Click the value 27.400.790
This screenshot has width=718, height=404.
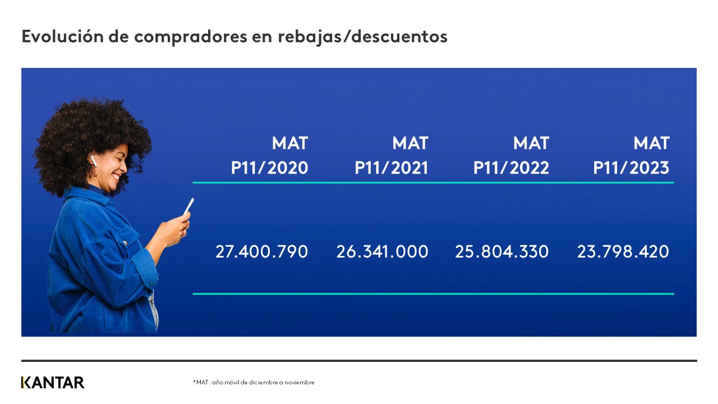[261, 251]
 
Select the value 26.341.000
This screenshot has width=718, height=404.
[382, 251]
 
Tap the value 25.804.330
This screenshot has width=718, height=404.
[501, 251]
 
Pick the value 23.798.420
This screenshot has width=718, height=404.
[623, 251]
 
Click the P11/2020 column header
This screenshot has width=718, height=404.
[269, 168]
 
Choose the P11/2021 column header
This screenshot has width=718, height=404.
[391, 168]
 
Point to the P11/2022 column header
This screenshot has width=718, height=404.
[511, 168]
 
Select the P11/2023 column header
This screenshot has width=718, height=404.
[631, 168]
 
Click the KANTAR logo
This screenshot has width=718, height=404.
[53, 383]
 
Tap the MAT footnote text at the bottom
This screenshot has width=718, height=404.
[254, 383]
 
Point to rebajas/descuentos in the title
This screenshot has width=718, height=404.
[362, 36]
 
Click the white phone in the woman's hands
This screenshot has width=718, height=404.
[188, 206]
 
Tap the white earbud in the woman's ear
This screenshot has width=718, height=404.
[93, 160]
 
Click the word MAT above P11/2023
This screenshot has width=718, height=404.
[651, 144]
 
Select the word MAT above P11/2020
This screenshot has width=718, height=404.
[290, 144]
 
